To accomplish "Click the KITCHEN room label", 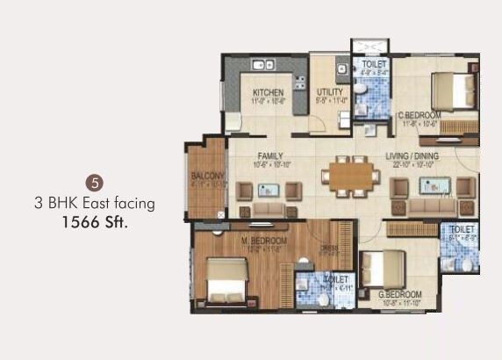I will pyautogui.click(x=267, y=92).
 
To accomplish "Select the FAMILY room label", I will pyautogui.click(x=259, y=156).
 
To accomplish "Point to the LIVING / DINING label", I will pyautogui.click(x=412, y=156).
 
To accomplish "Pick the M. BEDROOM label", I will pyautogui.click(x=263, y=241).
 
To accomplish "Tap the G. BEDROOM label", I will pyautogui.click(x=400, y=294).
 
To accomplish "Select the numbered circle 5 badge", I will pyautogui.click(x=97, y=184).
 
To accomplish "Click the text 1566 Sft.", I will pyautogui.click(x=96, y=222).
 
